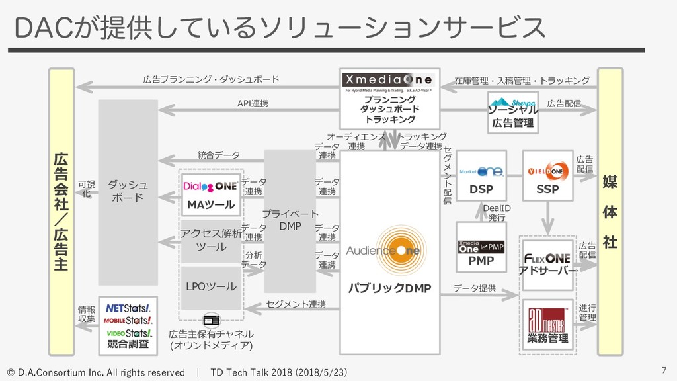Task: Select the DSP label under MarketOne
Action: point(481,189)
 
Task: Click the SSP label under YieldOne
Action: point(547,189)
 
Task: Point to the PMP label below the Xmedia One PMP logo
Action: point(481,261)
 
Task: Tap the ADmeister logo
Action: point(547,317)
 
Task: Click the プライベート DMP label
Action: point(290,220)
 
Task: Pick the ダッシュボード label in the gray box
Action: point(128,192)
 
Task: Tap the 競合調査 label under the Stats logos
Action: point(128,344)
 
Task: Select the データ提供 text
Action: point(475,288)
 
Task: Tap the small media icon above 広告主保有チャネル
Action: point(211,320)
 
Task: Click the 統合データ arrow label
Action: point(219,155)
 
